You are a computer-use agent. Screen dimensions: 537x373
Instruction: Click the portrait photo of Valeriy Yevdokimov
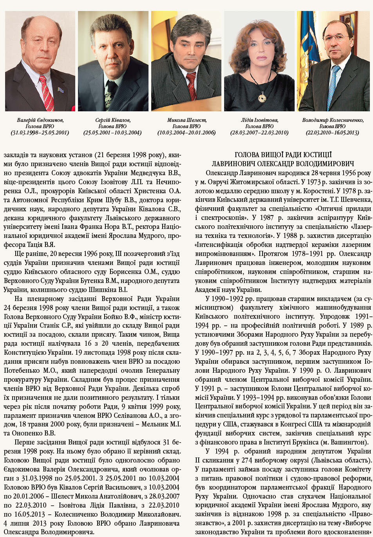(x=40, y=61)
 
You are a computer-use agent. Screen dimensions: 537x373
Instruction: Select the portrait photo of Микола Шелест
(x=186, y=61)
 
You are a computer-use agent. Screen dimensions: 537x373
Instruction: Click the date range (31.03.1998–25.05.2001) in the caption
(x=40, y=133)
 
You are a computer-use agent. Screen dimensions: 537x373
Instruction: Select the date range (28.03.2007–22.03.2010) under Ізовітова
(x=259, y=133)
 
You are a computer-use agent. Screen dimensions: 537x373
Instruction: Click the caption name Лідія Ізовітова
(x=259, y=120)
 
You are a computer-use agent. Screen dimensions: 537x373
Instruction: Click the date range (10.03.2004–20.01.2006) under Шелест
(x=186, y=133)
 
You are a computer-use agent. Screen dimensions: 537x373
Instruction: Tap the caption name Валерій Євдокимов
(x=40, y=120)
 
